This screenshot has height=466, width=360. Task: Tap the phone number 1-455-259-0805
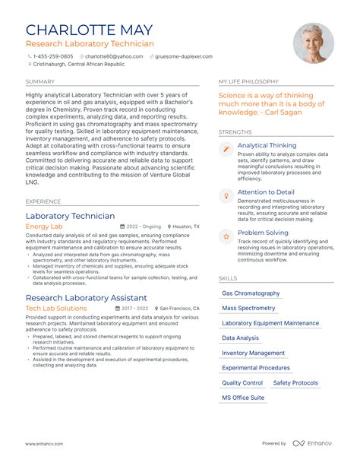52,56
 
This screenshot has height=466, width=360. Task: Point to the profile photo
314,43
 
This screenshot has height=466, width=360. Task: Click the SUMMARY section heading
39,81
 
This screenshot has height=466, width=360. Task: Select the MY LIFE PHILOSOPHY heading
248,81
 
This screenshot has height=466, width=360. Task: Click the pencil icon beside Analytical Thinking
226,149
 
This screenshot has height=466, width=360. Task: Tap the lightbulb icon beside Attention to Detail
226,196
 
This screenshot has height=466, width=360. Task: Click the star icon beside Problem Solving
226,236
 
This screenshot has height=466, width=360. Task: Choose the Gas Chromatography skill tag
251,293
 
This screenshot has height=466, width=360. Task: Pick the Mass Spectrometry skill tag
248,308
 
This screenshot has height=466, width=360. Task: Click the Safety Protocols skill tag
295,383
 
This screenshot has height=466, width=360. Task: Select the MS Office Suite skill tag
243,398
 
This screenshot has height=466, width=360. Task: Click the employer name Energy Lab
44,227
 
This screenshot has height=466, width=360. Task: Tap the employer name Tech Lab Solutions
56,309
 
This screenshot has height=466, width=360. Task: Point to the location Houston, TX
185,227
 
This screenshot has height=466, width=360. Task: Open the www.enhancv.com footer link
44,443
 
